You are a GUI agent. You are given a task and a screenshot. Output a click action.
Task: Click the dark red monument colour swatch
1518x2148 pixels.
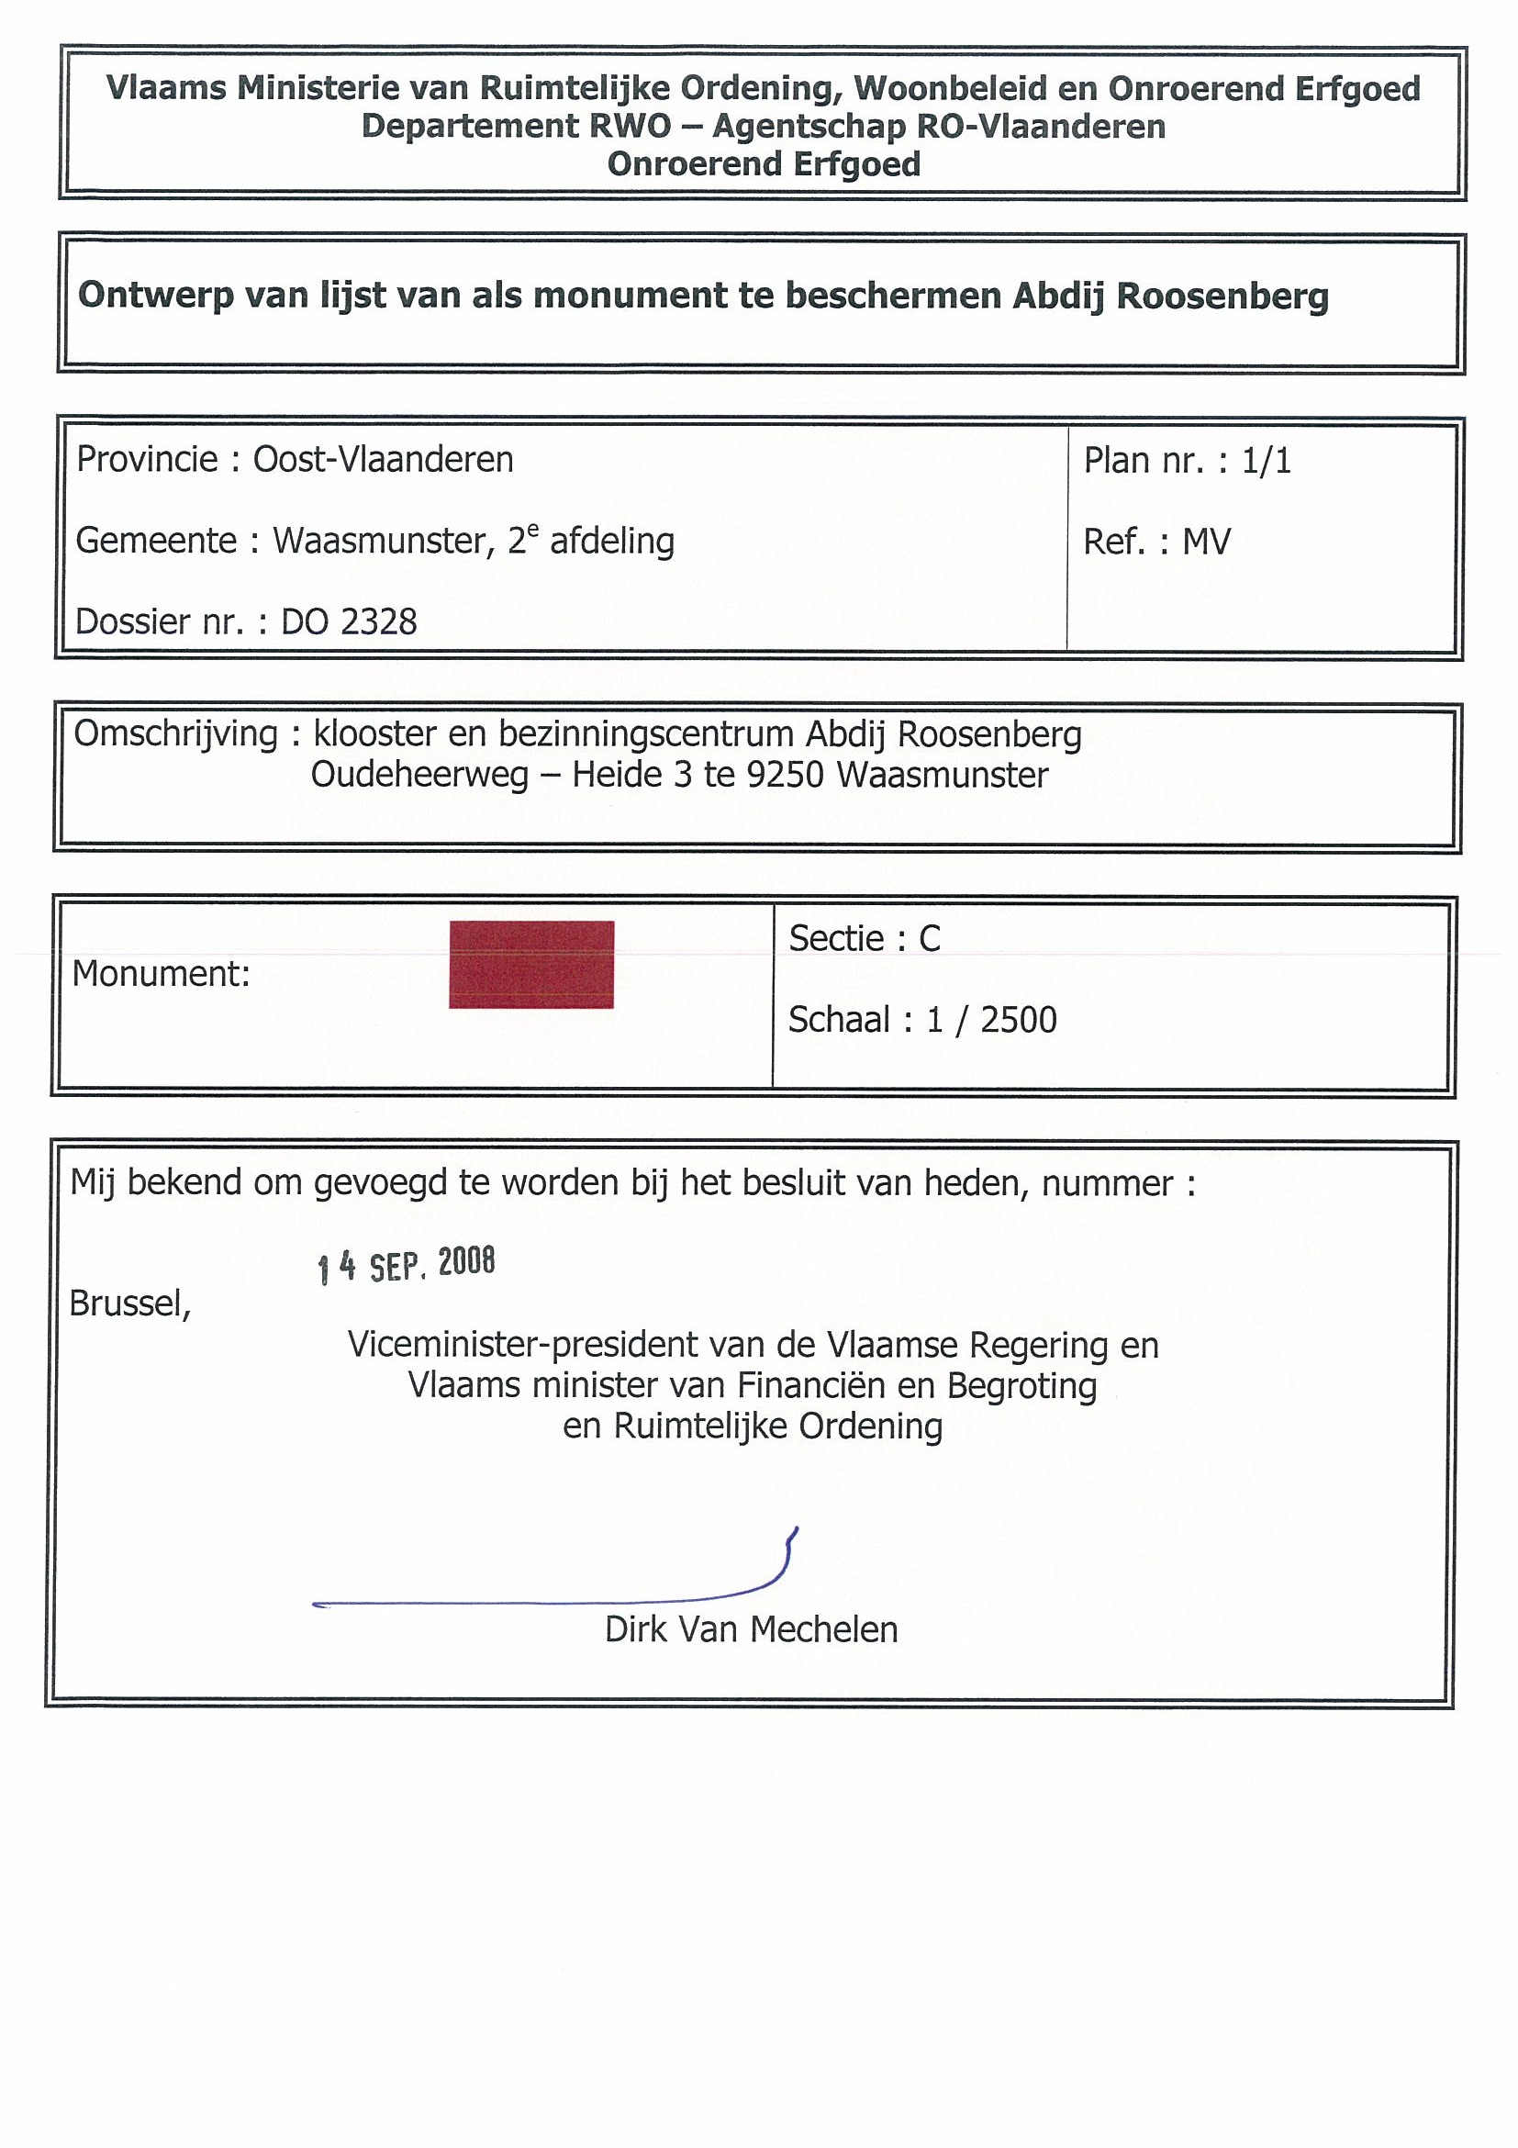[x=531, y=965]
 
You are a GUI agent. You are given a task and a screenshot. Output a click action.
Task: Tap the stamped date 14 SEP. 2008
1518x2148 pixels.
[x=406, y=1265]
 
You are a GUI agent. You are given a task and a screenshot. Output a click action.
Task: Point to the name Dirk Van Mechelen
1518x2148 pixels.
[x=751, y=1629]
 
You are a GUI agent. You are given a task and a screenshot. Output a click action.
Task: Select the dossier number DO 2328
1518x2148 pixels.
[x=349, y=622]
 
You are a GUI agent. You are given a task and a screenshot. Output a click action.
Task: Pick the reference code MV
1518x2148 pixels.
[x=1207, y=542]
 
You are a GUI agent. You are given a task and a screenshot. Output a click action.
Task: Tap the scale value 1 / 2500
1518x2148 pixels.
[x=991, y=1020]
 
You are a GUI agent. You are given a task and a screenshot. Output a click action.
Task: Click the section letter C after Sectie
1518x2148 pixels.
[x=929, y=938]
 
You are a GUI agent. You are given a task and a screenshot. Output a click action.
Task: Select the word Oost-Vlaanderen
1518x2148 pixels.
[x=384, y=459]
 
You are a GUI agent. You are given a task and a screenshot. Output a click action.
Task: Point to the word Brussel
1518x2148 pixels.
[x=130, y=1303]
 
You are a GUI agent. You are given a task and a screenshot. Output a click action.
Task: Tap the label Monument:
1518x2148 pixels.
[x=161, y=974]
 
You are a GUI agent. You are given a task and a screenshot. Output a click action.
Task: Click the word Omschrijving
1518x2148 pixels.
[x=176, y=734]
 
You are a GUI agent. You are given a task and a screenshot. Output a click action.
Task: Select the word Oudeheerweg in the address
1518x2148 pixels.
[x=420, y=776]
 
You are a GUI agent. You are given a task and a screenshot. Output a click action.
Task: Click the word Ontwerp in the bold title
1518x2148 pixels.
[x=155, y=296]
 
